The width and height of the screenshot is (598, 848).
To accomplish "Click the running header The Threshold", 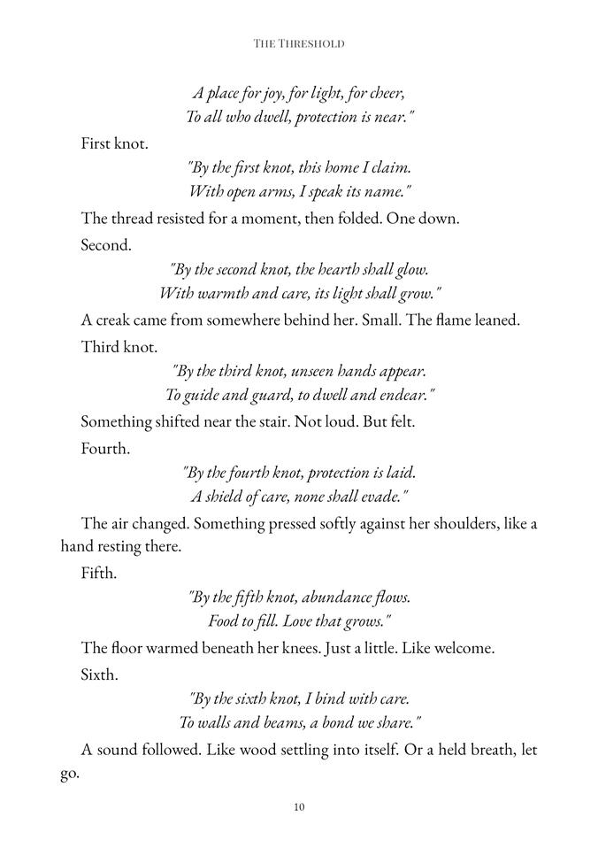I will [x=298, y=42].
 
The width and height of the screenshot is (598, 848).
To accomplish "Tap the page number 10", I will [x=299, y=806].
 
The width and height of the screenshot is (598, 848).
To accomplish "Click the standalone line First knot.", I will [x=114, y=143].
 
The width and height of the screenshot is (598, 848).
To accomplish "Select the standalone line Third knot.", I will [x=119, y=346].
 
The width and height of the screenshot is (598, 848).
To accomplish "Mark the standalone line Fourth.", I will [x=105, y=449].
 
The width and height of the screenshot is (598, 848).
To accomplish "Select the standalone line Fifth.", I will [x=98, y=573].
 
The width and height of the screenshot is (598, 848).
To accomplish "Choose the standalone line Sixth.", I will [x=100, y=674].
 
